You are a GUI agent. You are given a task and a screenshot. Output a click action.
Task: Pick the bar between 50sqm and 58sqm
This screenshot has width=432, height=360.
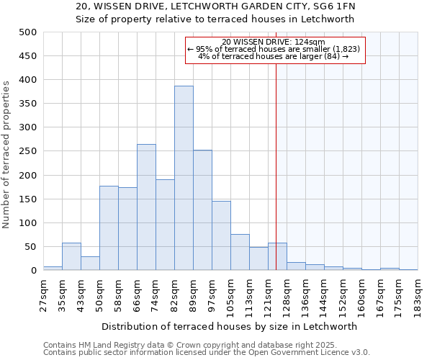[x=109, y=228]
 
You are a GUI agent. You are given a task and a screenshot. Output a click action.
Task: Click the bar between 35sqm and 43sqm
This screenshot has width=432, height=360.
[x=71, y=257]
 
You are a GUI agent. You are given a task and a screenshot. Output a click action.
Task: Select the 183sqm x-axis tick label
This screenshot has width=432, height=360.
[x=418, y=295]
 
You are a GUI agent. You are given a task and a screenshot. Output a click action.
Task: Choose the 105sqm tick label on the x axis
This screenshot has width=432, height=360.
[x=230, y=295]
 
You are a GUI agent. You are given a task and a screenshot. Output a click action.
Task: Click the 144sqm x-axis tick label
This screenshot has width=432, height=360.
[x=324, y=295]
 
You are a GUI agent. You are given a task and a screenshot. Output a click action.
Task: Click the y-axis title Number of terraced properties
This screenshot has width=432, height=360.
[x=7, y=155]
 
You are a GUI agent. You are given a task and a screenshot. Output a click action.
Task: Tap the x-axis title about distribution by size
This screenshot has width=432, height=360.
[x=229, y=326]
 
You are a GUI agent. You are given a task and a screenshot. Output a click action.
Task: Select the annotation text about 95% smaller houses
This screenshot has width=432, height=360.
[x=276, y=49]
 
